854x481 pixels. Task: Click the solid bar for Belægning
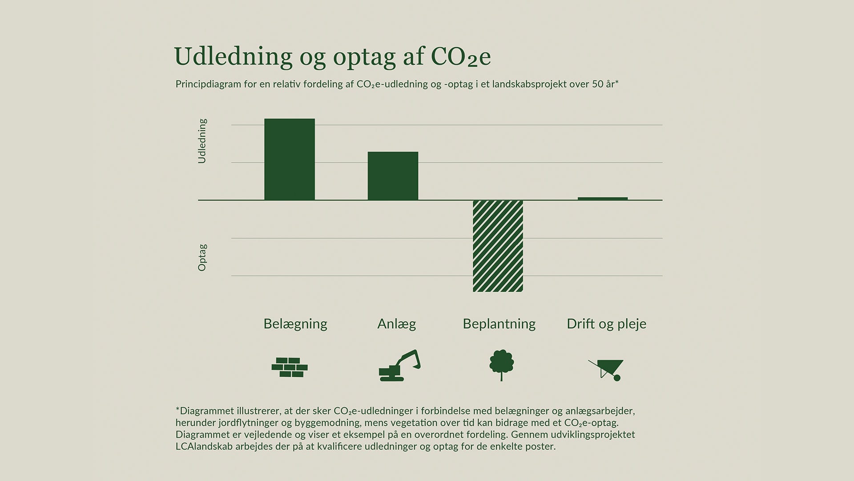pyautogui.click(x=290, y=159)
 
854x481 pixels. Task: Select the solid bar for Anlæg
pyautogui.click(x=393, y=176)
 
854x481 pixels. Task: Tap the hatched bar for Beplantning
pyautogui.click(x=498, y=246)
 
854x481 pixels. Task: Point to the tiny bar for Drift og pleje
pyautogui.click(x=603, y=199)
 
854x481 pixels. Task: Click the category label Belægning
pyautogui.click(x=295, y=324)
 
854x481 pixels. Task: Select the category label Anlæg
pyautogui.click(x=397, y=324)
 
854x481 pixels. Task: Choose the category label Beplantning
pyautogui.click(x=499, y=324)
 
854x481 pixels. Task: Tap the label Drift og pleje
pyautogui.click(x=606, y=324)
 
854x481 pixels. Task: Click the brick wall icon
pyautogui.click(x=290, y=367)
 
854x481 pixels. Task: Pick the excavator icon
pyautogui.click(x=399, y=366)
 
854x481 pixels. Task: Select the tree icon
pyautogui.click(x=501, y=364)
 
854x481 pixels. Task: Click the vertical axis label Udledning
pyautogui.click(x=202, y=141)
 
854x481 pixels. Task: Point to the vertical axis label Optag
pyautogui.click(x=202, y=257)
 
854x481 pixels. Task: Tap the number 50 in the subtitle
pyautogui.click(x=597, y=84)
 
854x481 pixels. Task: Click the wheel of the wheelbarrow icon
pyautogui.click(x=617, y=378)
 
